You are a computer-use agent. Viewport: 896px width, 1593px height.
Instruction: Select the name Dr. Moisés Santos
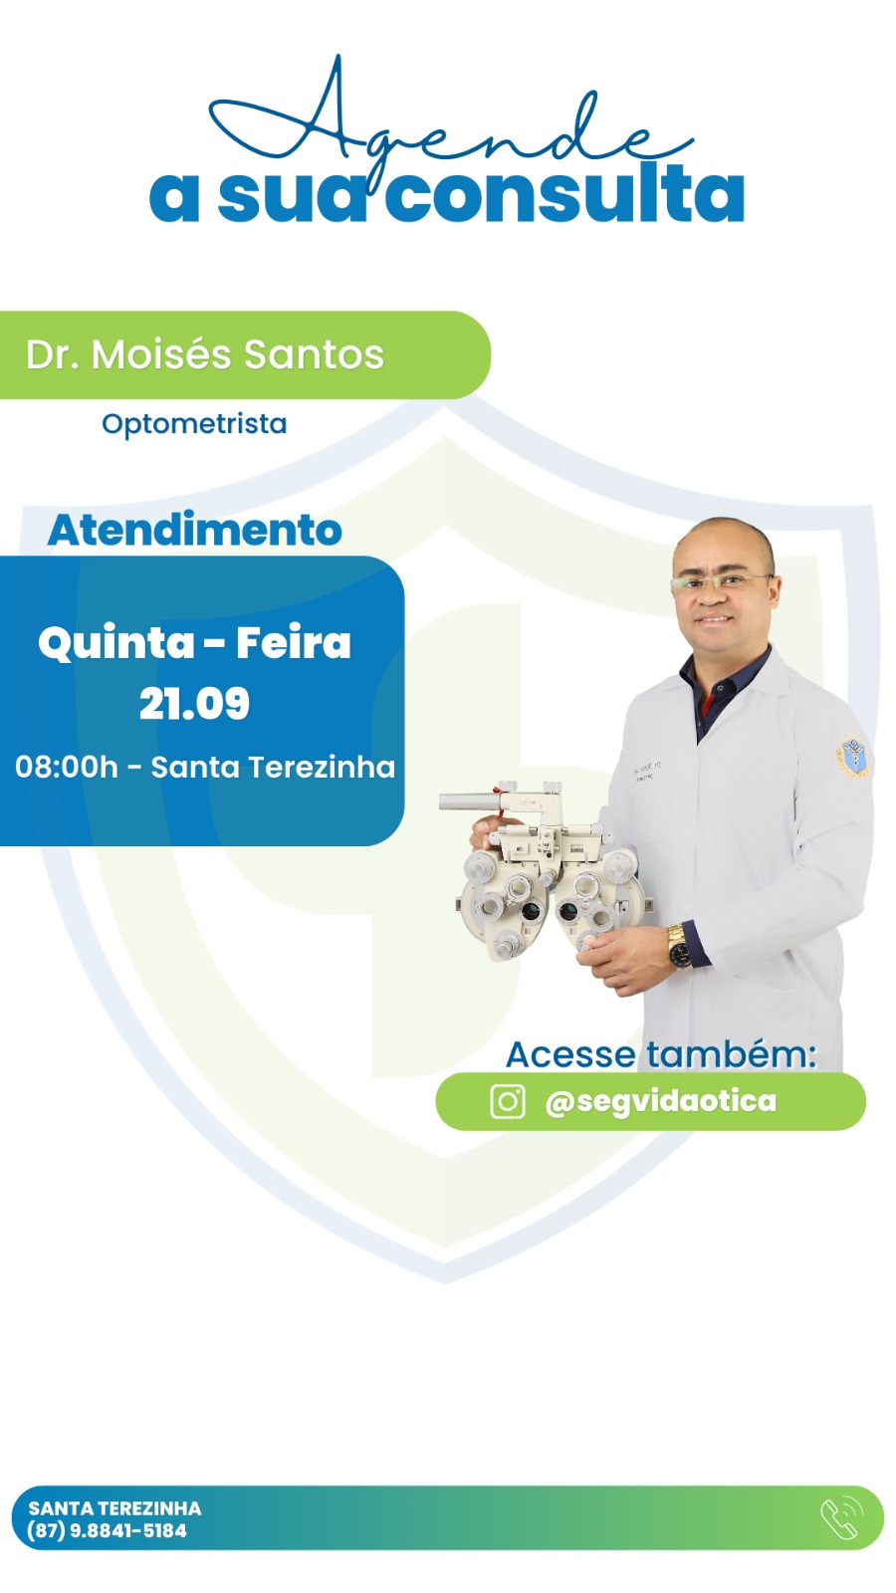(x=205, y=354)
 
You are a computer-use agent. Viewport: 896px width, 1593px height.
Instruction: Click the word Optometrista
(x=194, y=424)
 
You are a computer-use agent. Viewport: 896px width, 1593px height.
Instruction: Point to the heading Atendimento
(x=194, y=530)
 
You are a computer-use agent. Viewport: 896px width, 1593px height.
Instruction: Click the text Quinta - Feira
(x=194, y=643)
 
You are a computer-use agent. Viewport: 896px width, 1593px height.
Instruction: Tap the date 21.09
(x=194, y=703)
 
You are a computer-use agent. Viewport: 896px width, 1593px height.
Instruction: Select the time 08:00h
(x=66, y=768)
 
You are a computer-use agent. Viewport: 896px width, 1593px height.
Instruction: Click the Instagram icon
(x=508, y=1101)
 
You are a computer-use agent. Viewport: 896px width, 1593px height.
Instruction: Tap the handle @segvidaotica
(x=661, y=1101)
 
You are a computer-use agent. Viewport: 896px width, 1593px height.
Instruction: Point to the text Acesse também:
(x=661, y=1054)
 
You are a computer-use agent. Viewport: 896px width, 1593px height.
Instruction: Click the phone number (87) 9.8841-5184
(x=107, y=1530)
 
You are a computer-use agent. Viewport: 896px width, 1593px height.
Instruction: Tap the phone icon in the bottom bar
(x=842, y=1518)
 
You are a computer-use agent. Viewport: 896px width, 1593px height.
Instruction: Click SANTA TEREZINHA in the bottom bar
(x=114, y=1507)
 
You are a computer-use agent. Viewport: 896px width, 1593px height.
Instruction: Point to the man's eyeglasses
(x=721, y=581)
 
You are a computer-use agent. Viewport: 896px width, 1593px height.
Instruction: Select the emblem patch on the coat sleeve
(x=853, y=757)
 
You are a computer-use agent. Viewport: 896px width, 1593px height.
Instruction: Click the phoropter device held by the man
(x=548, y=871)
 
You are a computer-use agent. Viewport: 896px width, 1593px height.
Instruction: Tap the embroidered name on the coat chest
(x=647, y=771)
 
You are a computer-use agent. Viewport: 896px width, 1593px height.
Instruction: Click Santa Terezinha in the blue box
(x=273, y=768)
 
